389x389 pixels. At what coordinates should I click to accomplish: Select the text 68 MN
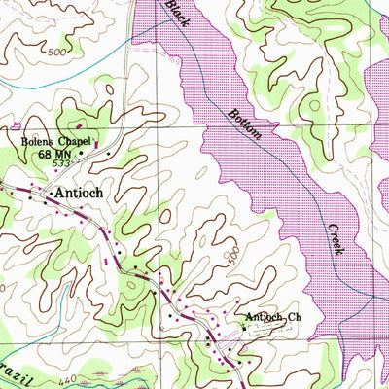pyautogui.click(x=56, y=153)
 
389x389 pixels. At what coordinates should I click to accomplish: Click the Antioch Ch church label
pyautogui.click(x=266, y=317)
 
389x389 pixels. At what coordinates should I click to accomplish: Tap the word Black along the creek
pyautogui.click(x=176, y=13)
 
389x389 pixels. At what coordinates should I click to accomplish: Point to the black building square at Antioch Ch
pyautogui.click(x=240, y=329)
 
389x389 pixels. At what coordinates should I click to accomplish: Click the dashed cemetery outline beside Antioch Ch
pyautogui.click(x=255, y=332)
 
